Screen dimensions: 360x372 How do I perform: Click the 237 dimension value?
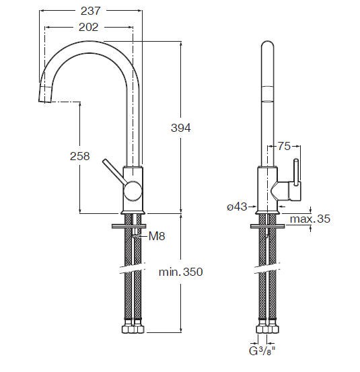point(90,11)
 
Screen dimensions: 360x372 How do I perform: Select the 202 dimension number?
point(88,28)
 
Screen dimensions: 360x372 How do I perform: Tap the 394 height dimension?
point(181,128)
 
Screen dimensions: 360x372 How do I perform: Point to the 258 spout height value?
point(79,156)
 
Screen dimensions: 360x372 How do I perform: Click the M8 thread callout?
point(157,236)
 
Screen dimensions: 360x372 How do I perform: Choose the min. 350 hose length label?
point(180,272)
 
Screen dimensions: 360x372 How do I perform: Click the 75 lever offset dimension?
point(284,146)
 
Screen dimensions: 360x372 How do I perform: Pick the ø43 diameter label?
point(237,207)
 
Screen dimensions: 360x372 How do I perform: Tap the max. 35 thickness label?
point(310,219)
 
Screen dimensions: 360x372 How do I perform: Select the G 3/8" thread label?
point(262,351)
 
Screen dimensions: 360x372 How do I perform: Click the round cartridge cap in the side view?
point(133,191)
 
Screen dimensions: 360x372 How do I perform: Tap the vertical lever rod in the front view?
point(296,172)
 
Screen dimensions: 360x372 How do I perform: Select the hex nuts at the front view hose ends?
point(133,328)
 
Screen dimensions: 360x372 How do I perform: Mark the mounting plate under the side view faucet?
point(267,226)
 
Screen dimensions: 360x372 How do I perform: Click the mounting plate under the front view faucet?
point(129,226)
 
